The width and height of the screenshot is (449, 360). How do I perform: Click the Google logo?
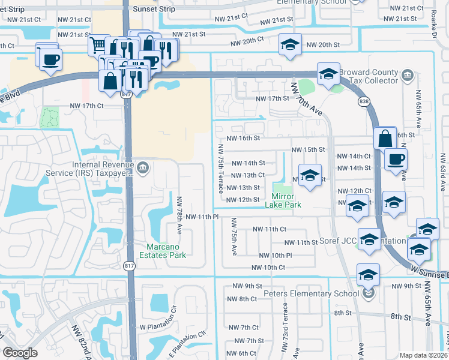tap(20, 353)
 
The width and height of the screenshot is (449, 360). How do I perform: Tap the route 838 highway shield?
tap(363, 102)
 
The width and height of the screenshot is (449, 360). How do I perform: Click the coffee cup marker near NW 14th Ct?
tap(396, 160)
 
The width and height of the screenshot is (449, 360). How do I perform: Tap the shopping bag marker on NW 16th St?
tap(385, 138)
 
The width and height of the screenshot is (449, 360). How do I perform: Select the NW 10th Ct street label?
tap(268, 268)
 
